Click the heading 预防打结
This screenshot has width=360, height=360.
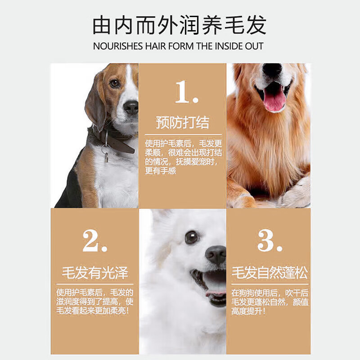click(182, 122)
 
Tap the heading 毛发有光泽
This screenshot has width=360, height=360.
click(95, 273)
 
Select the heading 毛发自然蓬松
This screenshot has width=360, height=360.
click(270, 273)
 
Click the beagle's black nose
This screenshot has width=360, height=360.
click(131, 107)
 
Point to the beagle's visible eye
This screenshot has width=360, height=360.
click(115, 83)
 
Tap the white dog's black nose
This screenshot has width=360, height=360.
click(216, 254)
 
